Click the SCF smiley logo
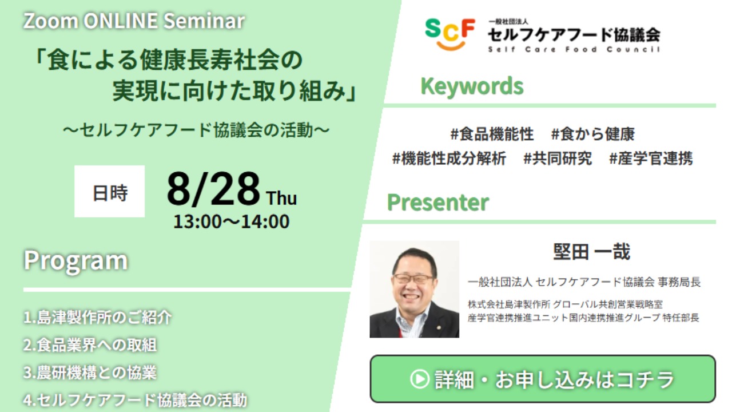coord(450,34)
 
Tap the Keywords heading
coord(472,86)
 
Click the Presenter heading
coord(438,203)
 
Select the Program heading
coord(75,261)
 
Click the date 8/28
coord(213,189)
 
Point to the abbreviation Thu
coord(281,198)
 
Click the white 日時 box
coord(109,191)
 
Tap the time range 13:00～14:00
coord(232,221)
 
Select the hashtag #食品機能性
coord(492,134)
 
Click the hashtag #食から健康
coord(593,134)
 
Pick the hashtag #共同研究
coord(558,159)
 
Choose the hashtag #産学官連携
coord(651,159)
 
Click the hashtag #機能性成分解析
coord(449,159)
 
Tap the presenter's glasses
coord(413,279)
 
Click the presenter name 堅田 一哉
coord(591,252)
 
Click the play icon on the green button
coord(419,379)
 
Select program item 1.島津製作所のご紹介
coord(97,317)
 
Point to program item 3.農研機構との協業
coord(90,373)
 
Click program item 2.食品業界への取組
coord(90,345)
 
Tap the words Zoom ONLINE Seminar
coord(134,21)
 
